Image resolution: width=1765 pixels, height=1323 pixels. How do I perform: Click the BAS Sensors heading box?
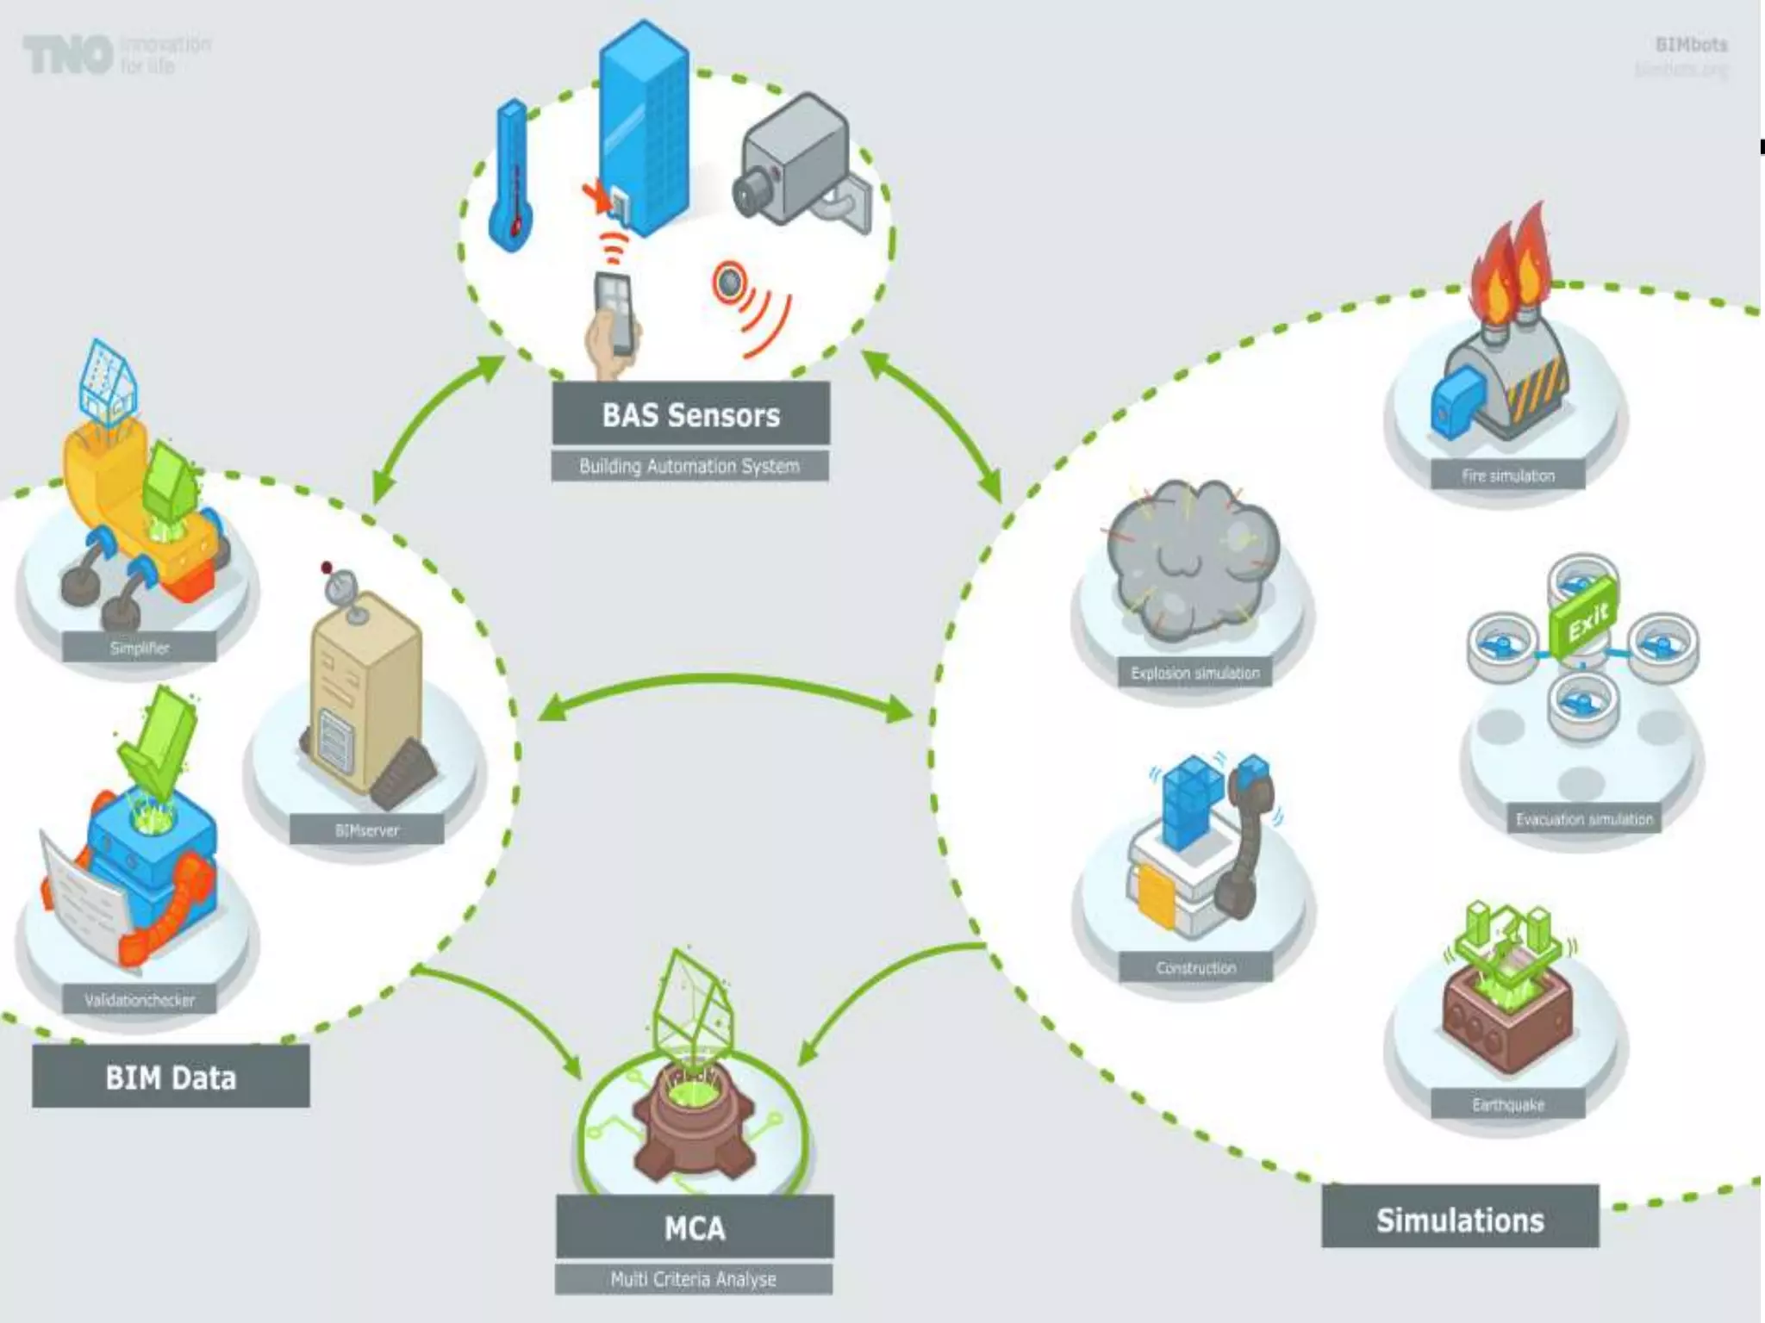[x=690, y=414]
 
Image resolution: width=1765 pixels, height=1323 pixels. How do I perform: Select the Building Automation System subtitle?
[x=689, y=467]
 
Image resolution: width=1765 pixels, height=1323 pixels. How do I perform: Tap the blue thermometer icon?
[x=510, y=177]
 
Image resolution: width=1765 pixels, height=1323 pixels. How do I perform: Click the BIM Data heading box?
[x=171, y=1077]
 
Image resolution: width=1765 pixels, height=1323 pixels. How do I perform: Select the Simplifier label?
[x=140, y=648]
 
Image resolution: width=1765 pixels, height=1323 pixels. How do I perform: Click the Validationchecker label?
[x=140, y=1000]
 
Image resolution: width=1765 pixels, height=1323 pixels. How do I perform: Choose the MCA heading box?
[x=695, y=1227]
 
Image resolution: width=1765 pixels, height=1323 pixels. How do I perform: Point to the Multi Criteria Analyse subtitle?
[x=694, y=1279]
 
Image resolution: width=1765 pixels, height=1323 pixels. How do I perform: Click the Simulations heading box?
[x=1460, y=1220]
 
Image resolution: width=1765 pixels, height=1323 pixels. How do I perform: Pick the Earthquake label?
[x=1508, y=1104]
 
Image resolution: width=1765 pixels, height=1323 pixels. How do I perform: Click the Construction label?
[x=1196, y=968]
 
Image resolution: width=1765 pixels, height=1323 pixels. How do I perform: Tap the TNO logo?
[x=69, y=54]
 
